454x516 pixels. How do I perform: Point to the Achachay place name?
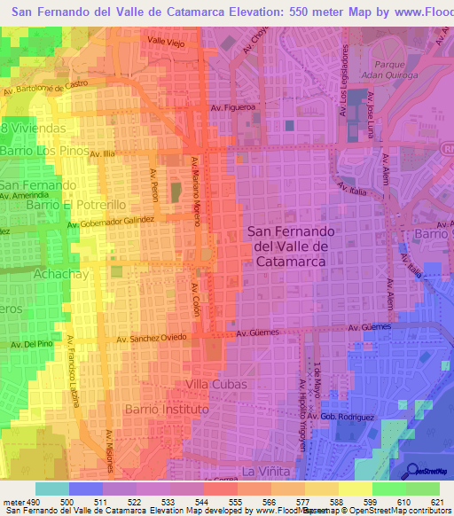(x=33, y=275)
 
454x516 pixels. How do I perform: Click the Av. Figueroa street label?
(x=233, y=107)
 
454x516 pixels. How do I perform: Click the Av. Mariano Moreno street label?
(x=196, y=188)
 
